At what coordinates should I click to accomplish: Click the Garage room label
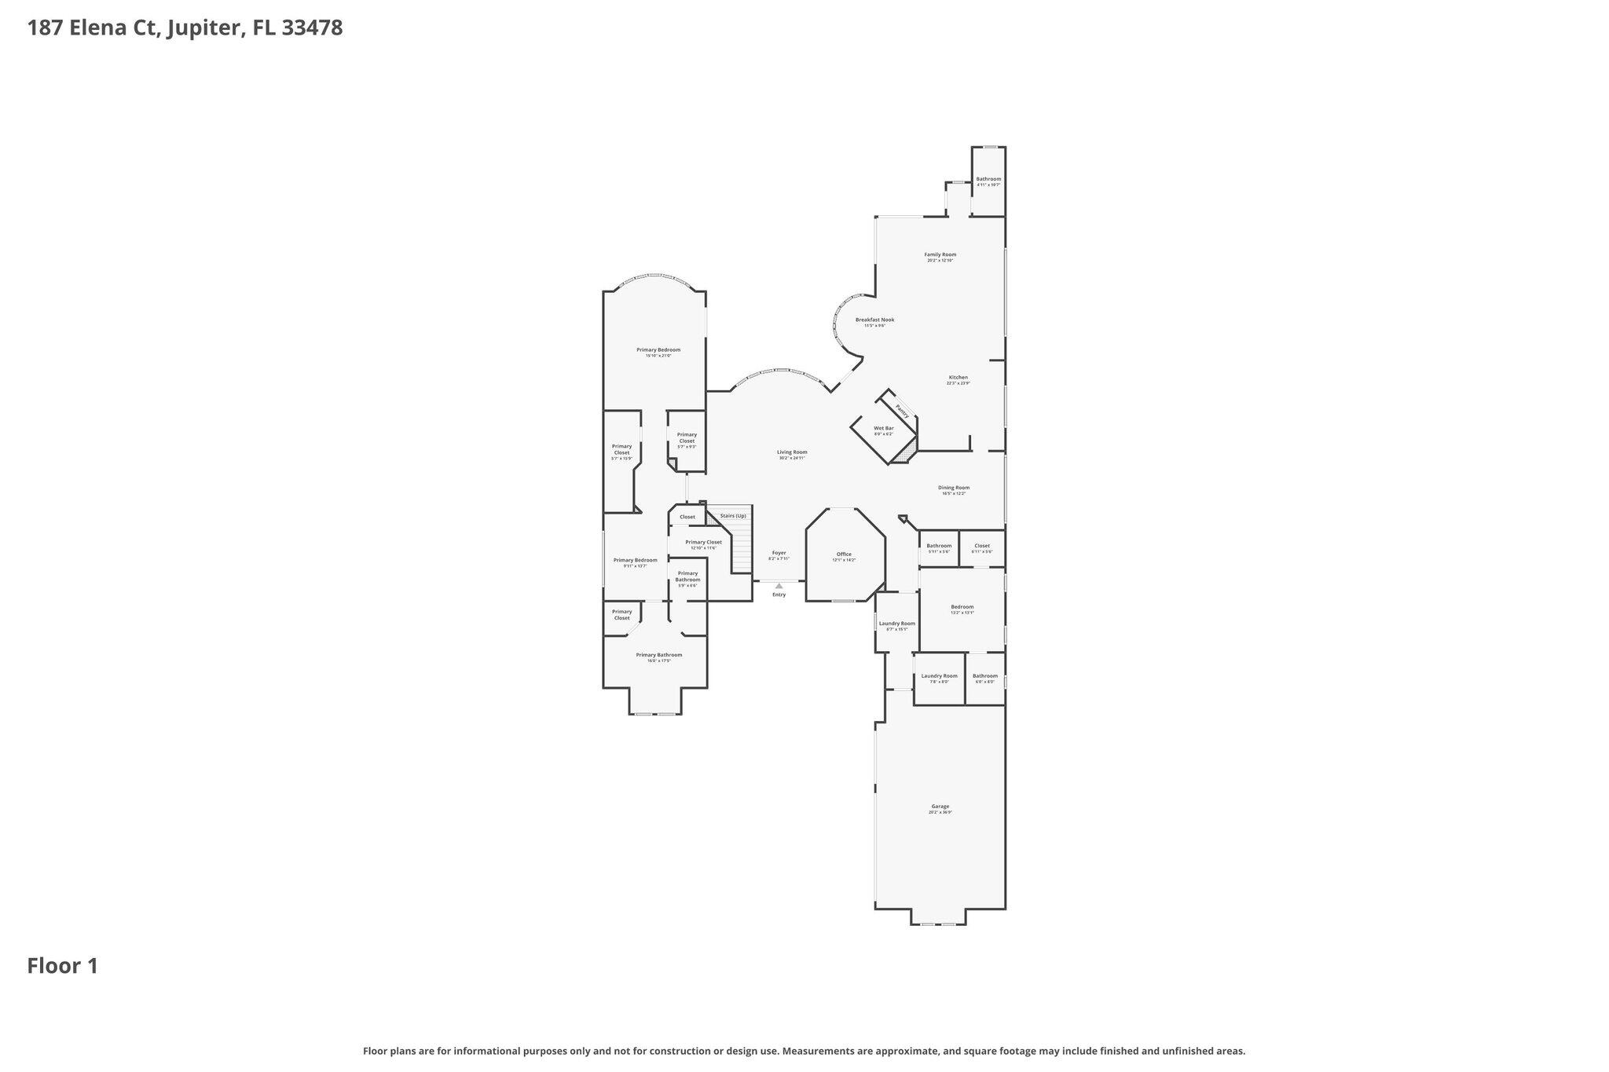940,807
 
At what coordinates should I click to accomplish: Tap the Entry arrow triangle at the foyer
779,586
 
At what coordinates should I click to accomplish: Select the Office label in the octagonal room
844,554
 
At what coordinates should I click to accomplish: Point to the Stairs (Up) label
733,516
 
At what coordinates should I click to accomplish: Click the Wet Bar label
883,428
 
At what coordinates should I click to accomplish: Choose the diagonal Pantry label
903,411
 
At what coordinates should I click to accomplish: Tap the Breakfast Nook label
874,320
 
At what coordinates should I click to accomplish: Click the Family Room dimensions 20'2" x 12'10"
940,261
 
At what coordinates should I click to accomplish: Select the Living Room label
792,452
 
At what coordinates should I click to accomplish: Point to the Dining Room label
953,488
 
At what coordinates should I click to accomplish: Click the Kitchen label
958,377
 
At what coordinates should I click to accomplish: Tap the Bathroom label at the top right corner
988,179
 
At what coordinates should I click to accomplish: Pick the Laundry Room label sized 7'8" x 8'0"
939,676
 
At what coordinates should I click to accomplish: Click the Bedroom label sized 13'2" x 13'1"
962,606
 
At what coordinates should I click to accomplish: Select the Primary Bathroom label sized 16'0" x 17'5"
658,655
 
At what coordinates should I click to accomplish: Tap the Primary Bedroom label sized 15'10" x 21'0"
658,349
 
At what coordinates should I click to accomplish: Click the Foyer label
779,553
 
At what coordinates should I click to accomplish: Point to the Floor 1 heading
63,966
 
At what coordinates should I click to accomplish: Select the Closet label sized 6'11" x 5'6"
981,546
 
